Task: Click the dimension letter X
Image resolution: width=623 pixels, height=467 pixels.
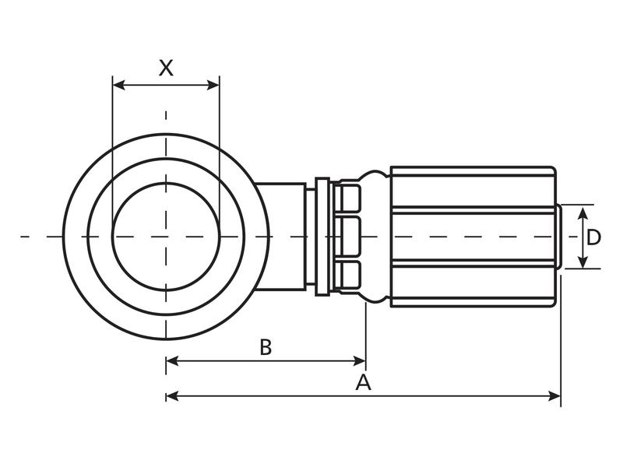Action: tap(166, 68)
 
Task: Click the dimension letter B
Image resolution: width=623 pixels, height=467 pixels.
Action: tap(266, 346)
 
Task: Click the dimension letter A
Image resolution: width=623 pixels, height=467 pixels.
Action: tap(363, 382)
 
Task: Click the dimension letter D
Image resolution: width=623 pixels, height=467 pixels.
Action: tap(593, 237)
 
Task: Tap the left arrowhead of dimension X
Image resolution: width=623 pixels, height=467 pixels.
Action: tap(119, 85)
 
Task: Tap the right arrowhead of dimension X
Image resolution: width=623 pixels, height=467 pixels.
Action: tap(213, 85)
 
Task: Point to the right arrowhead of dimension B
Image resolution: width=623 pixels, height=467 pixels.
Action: tap(360, 361)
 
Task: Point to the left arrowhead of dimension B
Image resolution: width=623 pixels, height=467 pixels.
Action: tap(172, 361)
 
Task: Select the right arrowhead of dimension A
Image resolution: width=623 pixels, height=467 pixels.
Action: tap(554, 396)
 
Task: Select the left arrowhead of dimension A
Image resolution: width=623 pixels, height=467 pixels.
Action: tap(172, 396)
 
